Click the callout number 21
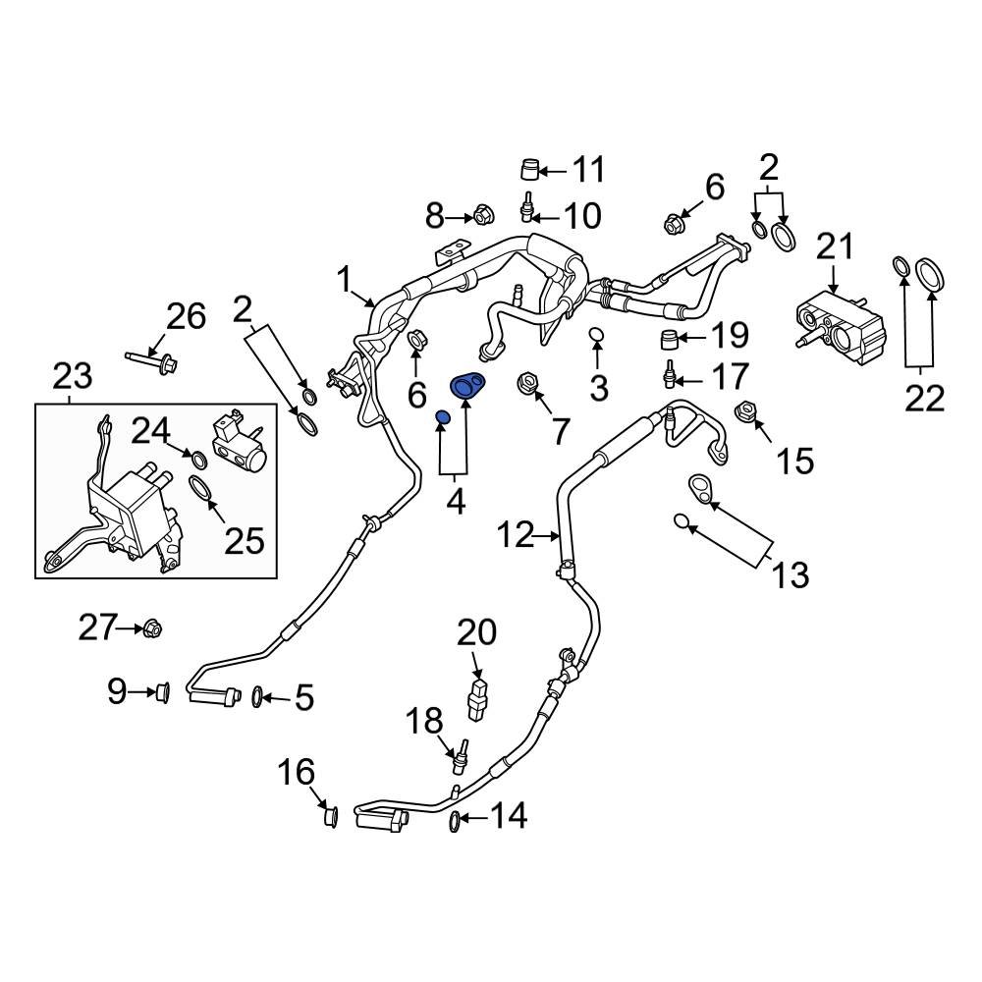(837, 246)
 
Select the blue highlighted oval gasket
(467, 385)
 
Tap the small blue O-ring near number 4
(442, 420)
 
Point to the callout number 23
(73, 376)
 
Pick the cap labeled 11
(530, 171)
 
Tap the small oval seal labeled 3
(597, 339)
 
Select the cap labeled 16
(331, 815)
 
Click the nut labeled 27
(152, 627)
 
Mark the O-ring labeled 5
(257, 696)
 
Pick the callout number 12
(516, 535)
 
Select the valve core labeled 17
(671, 375)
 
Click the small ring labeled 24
(196, 459)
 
